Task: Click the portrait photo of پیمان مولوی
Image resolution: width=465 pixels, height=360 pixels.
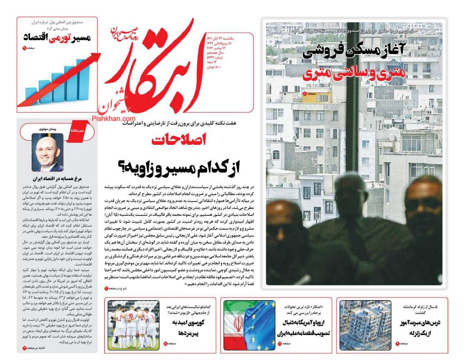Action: coord(47,152)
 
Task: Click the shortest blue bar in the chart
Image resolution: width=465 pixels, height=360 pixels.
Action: coord(32,96)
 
